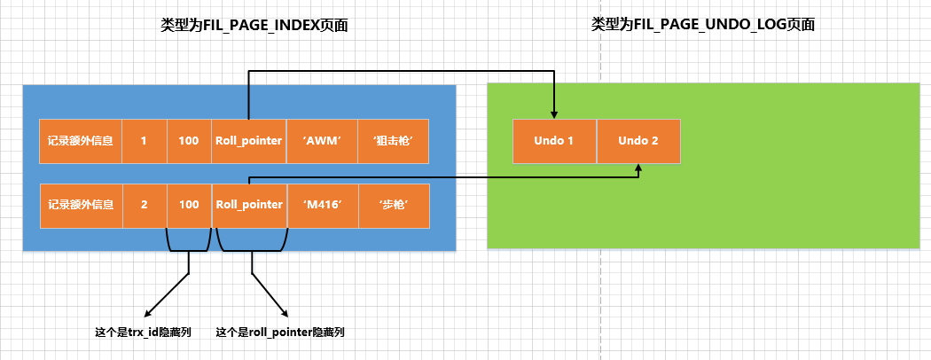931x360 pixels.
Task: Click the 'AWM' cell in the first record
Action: coord(323,141)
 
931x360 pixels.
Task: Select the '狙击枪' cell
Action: coord(393,141)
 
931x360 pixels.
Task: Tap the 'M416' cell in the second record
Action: coord(323,206)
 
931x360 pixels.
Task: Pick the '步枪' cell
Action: coord(394,206)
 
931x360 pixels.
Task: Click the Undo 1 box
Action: coord(554,141)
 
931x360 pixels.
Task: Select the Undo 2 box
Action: coord(639,141)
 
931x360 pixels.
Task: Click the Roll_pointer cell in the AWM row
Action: coord(249,141)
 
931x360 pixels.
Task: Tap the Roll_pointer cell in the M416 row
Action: coord(249,206)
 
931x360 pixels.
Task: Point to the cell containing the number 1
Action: coord(145,141)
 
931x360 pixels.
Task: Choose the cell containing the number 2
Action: coord(145,206)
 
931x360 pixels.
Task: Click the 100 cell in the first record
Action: coord(189,141)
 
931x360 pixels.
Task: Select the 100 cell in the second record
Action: coord(190,206)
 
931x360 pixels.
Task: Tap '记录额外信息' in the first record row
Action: coord(81,141)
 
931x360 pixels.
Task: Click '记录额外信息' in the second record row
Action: coord(82,206)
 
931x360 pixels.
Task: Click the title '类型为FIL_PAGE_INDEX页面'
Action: coord(254,25)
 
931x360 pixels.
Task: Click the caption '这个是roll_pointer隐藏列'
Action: coord(280,333)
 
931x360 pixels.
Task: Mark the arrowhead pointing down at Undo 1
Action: coord(554,114)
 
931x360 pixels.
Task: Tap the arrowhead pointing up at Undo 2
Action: coord(639,168)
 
